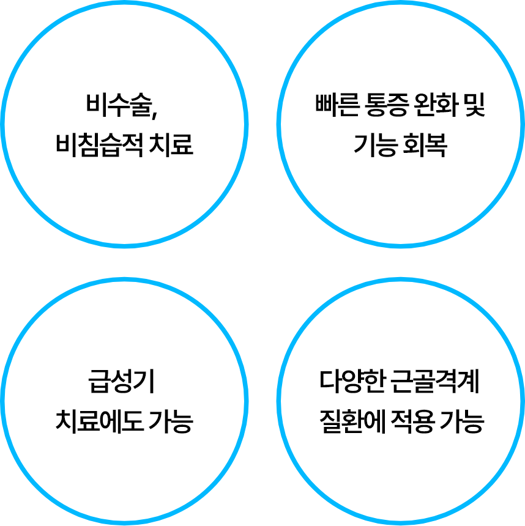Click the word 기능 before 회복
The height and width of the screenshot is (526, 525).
(374, 146)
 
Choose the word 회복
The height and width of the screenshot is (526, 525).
(425, 146)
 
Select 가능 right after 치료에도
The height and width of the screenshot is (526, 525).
(171, 421)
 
